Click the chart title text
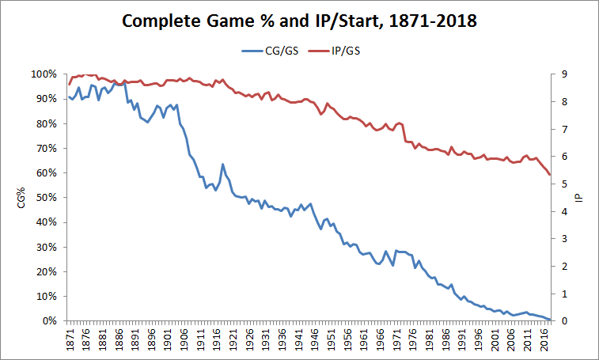[x=299, y=21]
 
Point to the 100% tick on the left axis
[x=44, y=74]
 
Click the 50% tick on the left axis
[x=46, y=198]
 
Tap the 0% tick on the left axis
[x=49, y=321]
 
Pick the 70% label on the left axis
[x=46, y=148]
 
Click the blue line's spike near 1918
[x=222, y=165]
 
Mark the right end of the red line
[x=550, y=175]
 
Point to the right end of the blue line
[x=550, y=319]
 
